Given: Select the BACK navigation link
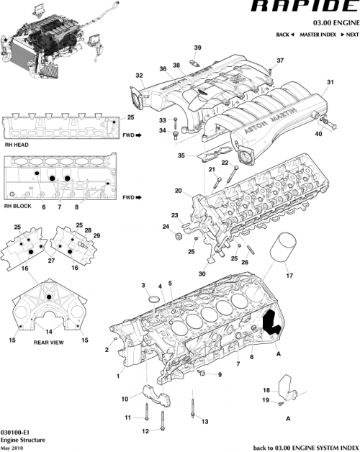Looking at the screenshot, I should pyautogui.click(x=285, y=35).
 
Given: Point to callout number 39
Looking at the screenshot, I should pyautogui.click(x=198, y=48).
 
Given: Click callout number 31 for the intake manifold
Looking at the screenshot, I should pyautogui.click(x=330, y=83).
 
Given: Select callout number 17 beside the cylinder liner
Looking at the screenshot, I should pyautogui.click(x=290, y=274).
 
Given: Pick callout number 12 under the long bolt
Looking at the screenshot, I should pyautogui.click(x=145, y=431).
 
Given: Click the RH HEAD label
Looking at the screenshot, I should pyautogui.click(x=16, y=144).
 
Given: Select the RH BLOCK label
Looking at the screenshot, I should pyautogui.click(x=17, y=206).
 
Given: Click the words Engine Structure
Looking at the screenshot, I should pyautogui.click(x=23, y=439).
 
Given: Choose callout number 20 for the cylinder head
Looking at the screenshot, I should pyautogui.click(x=178, y=191).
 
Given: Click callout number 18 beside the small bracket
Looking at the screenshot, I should pyautogui.click(x=265, y=389).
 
